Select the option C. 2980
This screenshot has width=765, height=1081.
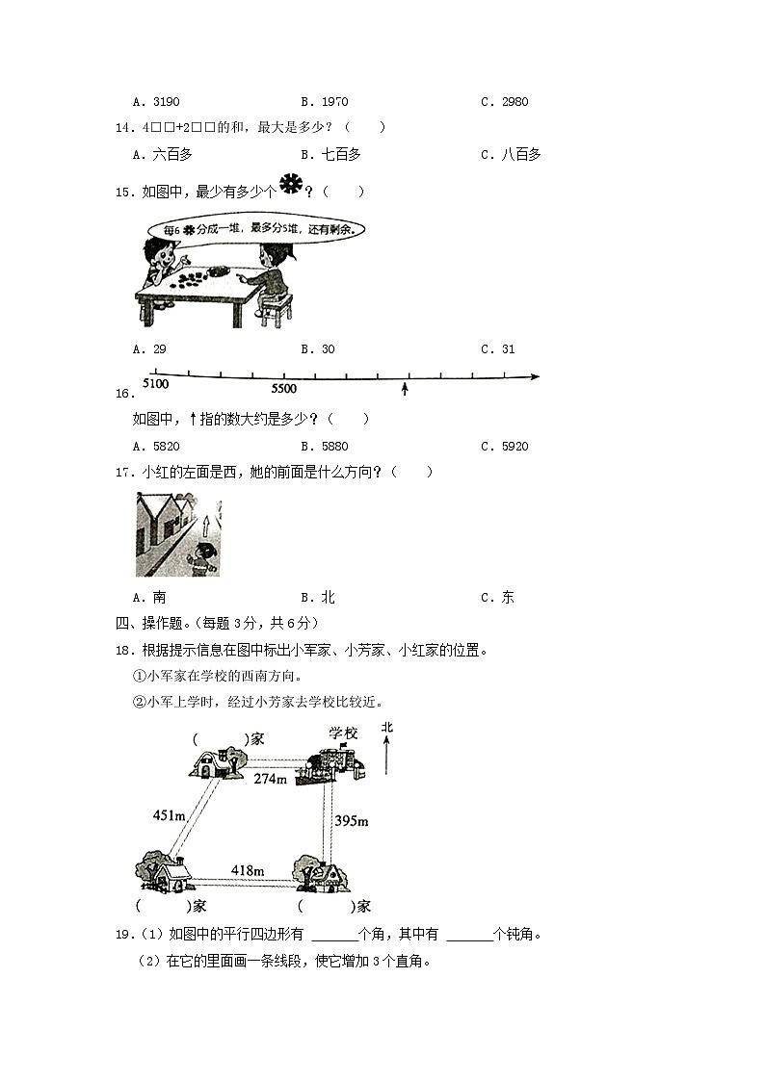[x=505, y=102]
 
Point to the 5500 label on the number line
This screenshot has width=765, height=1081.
[x=284, y=389]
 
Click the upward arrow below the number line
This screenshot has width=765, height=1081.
[x=405, y=389]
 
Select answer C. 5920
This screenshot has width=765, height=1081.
[x=505, y=447]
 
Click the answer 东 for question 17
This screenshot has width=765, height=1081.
[x=498, y=598]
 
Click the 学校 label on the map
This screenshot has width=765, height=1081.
[x=343, y=734]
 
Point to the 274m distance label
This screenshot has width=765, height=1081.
[x=271, y=779]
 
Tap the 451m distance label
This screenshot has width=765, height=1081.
[x=169, y=815]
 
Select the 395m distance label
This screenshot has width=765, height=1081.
[x=352, y=821]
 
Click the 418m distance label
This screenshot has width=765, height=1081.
[x=248, y=870]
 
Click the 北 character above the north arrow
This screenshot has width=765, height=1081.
[x=386, y=728]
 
